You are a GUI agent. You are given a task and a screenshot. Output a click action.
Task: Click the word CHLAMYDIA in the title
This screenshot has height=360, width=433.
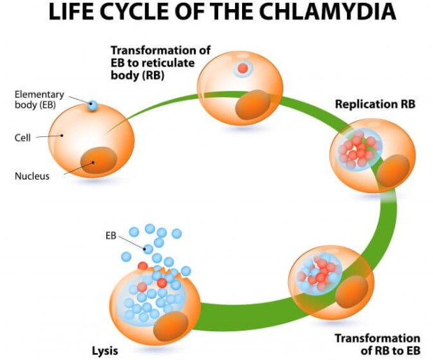(327, 12)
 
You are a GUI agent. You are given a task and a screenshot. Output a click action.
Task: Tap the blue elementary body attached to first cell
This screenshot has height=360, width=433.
(92, 106)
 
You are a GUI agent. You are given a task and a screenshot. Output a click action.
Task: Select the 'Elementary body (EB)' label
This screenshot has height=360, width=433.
(39, 99)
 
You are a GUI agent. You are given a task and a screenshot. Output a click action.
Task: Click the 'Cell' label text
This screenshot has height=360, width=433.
(22, 138)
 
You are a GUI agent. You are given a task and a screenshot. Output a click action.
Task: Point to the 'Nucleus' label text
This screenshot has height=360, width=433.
(32, 176)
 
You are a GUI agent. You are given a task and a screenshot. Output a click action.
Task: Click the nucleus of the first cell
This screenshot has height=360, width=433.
(99, 160)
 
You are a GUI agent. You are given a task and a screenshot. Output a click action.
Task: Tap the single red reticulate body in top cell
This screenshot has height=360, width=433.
(243, 68)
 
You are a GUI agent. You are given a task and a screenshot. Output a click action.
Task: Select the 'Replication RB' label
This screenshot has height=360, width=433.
(375, 104)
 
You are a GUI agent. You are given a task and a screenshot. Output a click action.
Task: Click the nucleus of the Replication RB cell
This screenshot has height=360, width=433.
(393, 171)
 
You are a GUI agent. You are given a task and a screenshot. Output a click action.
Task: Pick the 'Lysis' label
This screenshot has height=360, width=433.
(105, 351)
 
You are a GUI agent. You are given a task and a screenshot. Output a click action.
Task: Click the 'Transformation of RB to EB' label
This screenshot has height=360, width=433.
(378, 345)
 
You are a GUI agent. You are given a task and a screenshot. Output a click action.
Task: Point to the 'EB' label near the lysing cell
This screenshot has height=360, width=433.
(111, 236)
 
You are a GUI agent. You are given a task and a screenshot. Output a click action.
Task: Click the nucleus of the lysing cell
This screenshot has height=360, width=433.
(171, 326)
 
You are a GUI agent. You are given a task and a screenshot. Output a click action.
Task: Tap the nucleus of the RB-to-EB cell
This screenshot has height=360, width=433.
(352, 292)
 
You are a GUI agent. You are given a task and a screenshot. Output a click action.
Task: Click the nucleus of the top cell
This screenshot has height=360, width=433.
(253, 105)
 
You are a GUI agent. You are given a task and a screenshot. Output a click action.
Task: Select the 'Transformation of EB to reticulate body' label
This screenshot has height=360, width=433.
(160, 63)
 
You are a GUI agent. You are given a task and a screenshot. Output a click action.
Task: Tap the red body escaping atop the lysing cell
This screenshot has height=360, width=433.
(143, 266)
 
